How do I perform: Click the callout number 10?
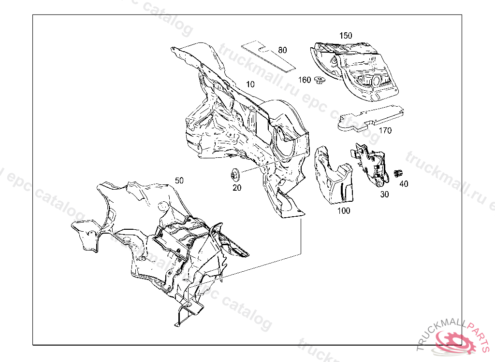pos(250,84)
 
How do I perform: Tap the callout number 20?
pos(236,188)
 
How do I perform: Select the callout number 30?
pos(384,194)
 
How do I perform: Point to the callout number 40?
pos(404,183)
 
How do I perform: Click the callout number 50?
pos(179,181)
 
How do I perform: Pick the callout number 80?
pos(282,50)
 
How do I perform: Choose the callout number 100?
pos(344,210)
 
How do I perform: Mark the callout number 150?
pos(346,36)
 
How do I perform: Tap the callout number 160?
pos(305,80)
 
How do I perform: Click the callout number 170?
pos(385,130)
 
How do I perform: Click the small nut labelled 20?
pos(235,174)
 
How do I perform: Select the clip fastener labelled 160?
pos(319,80)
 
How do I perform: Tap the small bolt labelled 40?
pos(398,173)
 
